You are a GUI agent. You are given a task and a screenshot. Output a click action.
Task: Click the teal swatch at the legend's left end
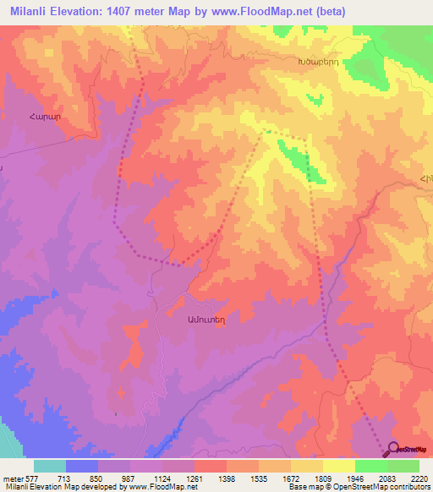(50, 466)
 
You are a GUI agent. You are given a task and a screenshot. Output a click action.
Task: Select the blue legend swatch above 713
(82, 466)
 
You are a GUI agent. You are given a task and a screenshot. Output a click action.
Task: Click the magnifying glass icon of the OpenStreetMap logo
(393, 451)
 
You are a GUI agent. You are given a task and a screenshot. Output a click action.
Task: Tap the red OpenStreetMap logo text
(414, 451)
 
